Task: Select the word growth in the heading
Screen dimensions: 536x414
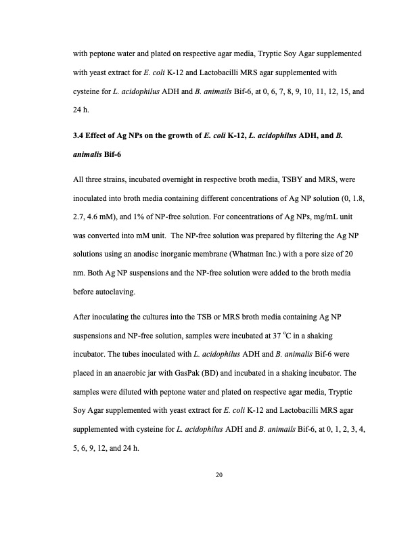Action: coord(187,137)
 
